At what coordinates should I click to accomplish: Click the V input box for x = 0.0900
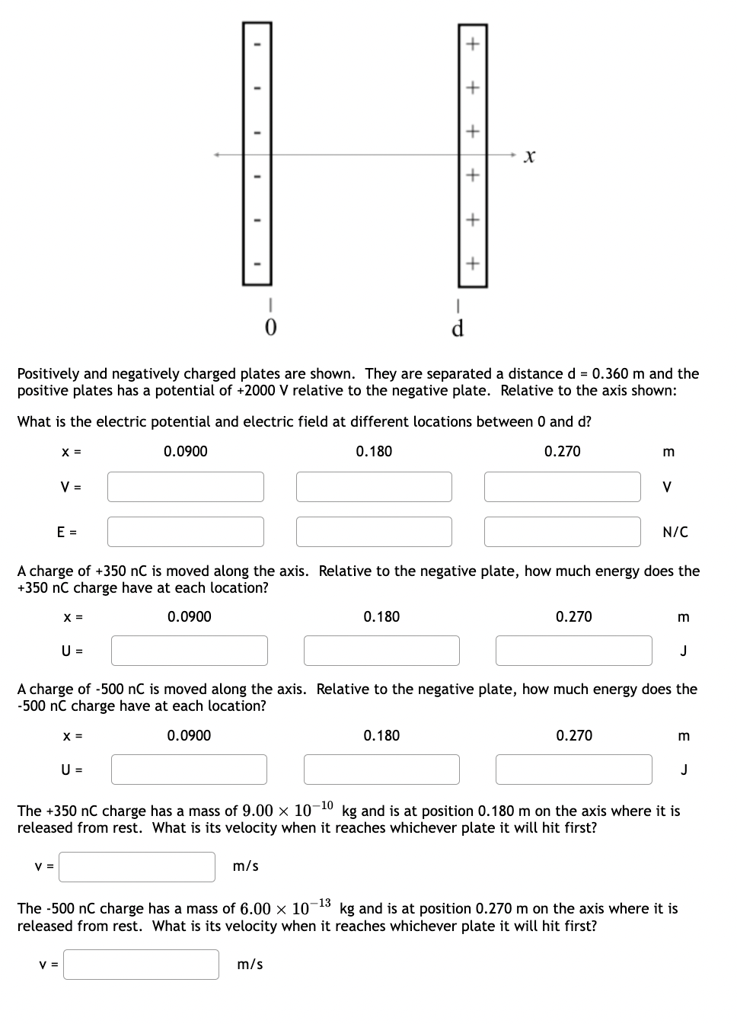click(x=186, y=487)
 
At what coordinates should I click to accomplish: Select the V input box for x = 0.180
click(x=374, y=487)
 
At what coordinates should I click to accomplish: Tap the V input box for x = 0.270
click(x=563, y=487)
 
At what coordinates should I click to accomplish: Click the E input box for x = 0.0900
click(x=186, y=532)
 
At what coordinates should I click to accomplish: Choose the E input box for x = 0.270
click(x=563, y=532)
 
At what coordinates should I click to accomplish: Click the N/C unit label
click(x=675, y=533)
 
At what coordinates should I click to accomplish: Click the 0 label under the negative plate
click(x=270, y=328)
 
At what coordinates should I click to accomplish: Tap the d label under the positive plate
click(x=458, y=328)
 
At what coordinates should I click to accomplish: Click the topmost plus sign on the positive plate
click(x=472, y=43)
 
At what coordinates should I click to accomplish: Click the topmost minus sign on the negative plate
click(x=257, y=43)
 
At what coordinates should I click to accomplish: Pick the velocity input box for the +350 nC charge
click(x=137, y=867)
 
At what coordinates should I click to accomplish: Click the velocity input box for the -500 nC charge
click(x=142, y=965)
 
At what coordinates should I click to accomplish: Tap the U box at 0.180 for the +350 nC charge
click(x=381, y=651)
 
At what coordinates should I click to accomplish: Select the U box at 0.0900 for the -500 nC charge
click(x=190, y=770)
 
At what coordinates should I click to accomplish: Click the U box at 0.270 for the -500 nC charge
click(x=574, y=770)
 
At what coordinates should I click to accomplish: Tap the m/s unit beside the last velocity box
click(x=250, y=965)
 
